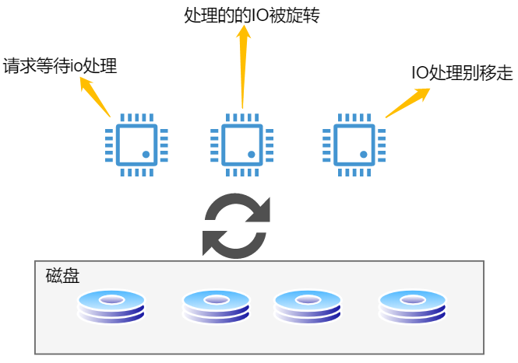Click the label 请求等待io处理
coord(60,66)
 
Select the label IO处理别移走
coord(462,75)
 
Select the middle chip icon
coord(241,145)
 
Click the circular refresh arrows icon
coord(236,225)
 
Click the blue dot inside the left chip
coord(146,155)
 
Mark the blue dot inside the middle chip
coord(252,155)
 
